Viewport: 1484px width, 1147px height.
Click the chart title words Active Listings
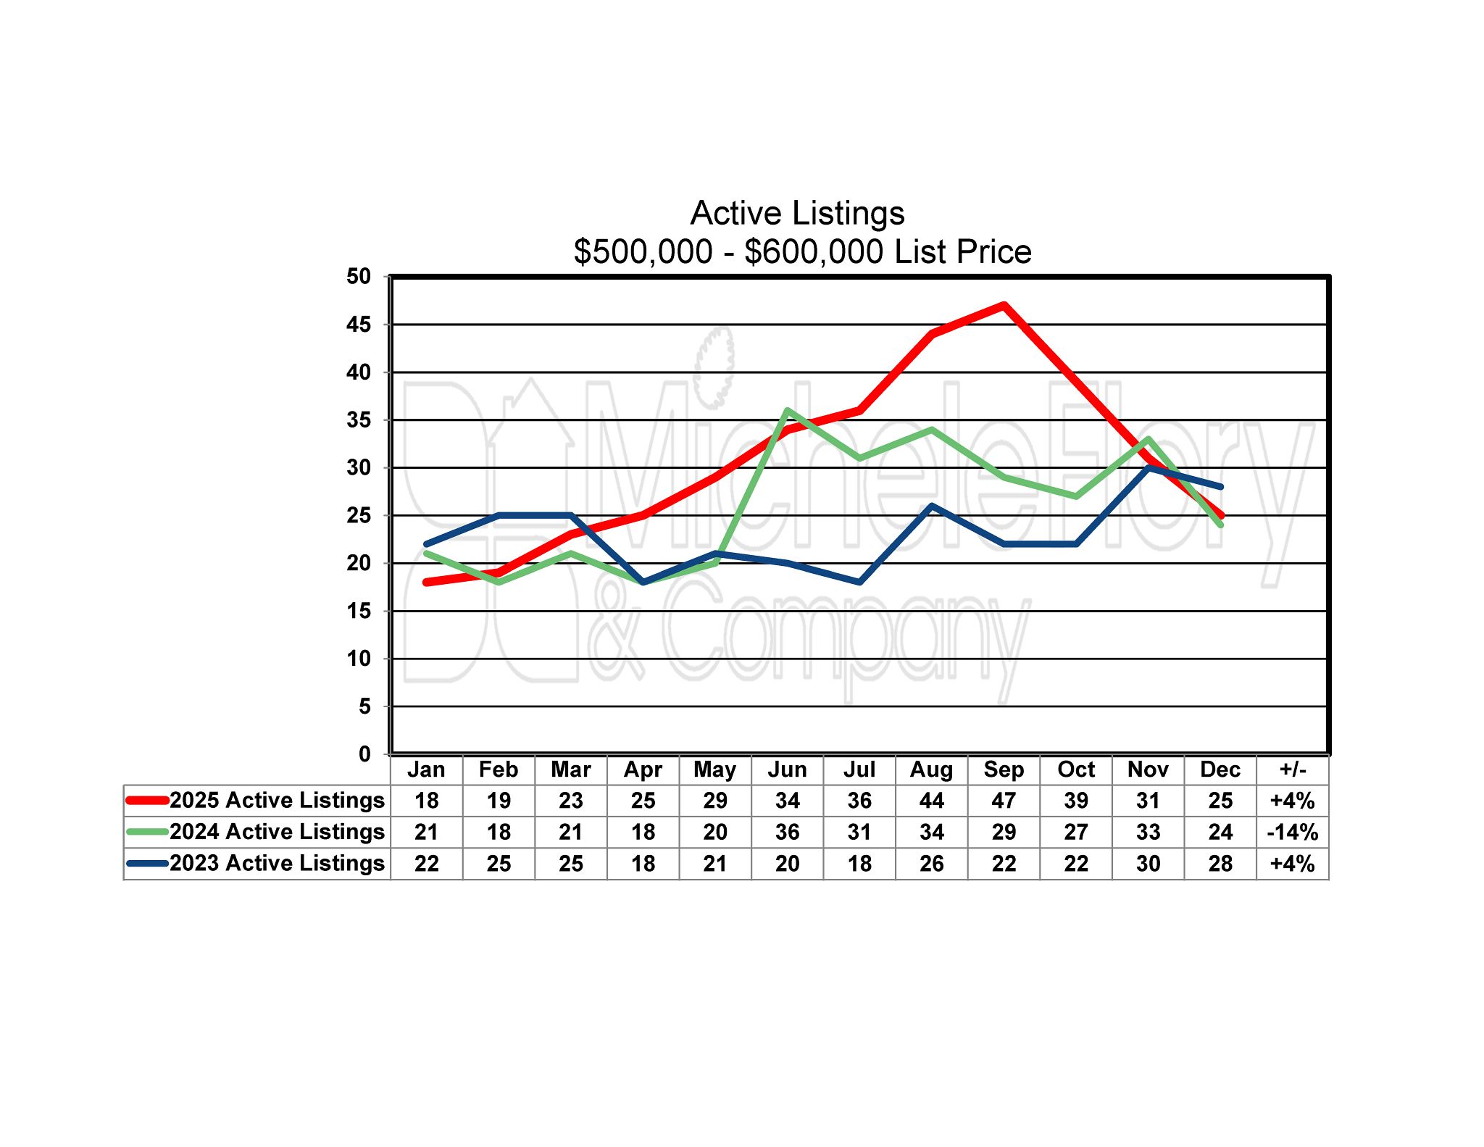click(797, 213)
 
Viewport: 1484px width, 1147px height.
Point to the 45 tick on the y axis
click(359, 325)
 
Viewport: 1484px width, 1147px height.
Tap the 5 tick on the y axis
click(364, 706)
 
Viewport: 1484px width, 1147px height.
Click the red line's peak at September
click(1004, 305)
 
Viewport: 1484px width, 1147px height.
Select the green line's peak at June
click(787, 411)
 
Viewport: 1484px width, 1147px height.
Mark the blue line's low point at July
click(859, 582)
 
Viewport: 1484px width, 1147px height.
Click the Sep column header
click(1004, 769)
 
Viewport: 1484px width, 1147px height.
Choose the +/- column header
click(1293, 769)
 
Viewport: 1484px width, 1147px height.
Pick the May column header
click(714, 769)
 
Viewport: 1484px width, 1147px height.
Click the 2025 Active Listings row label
click(277, 800)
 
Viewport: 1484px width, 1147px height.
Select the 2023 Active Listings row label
click(277, 863)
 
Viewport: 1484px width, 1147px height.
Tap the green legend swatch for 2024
click(148, 832)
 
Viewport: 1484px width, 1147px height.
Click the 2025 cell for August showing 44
click(931, 801)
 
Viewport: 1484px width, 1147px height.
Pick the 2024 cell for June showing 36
click(787, 832)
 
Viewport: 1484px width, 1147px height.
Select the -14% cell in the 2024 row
click(1293, 832)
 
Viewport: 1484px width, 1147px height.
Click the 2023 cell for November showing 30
click(1148, 864)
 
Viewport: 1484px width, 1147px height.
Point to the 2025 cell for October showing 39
click(1076, 801)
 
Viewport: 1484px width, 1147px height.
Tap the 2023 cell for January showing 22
click(426, 864)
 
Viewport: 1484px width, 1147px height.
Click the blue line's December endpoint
click(1220, 487)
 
